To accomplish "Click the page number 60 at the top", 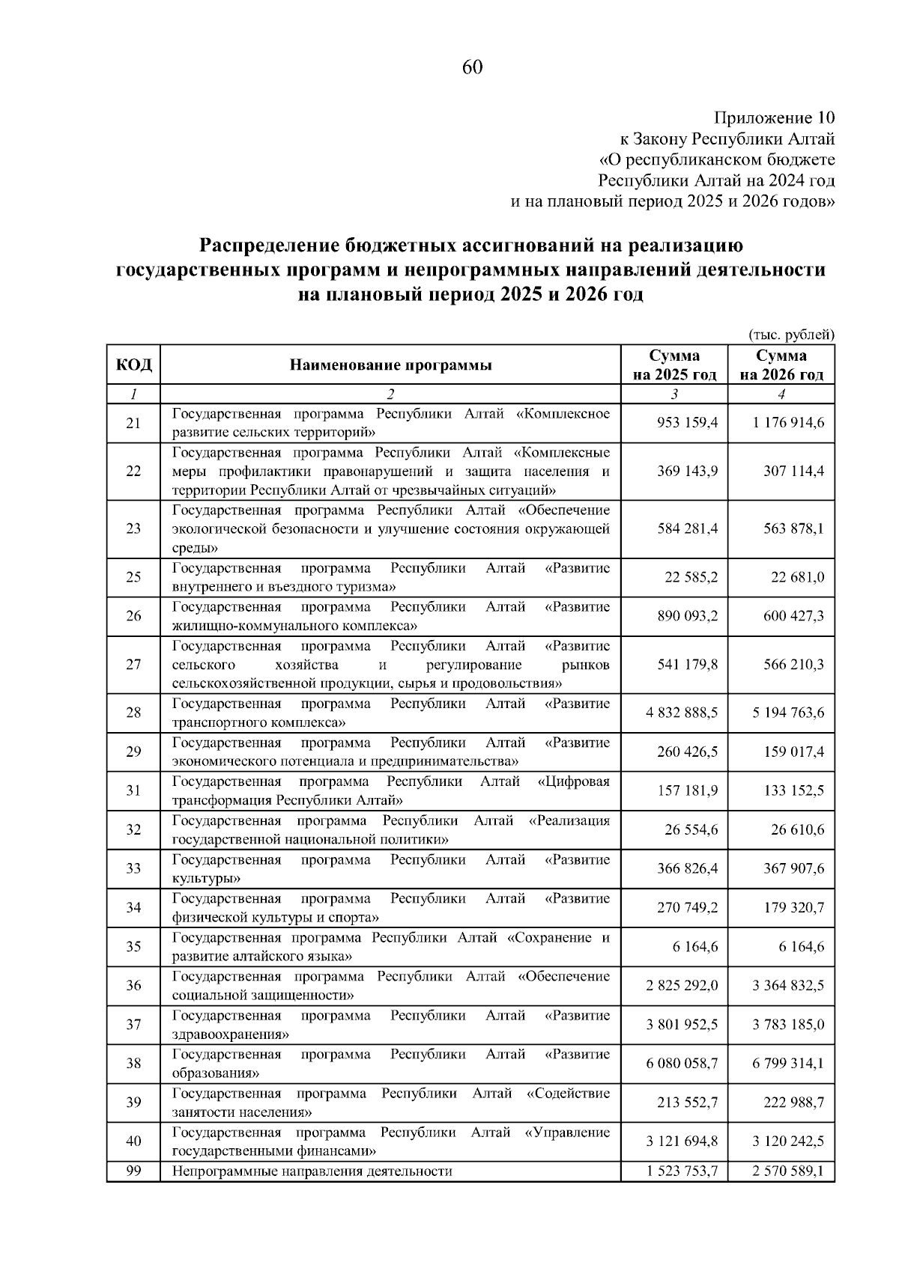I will click(473, 68).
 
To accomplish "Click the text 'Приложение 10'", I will click(774, 118).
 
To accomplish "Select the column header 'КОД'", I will click(133, 365).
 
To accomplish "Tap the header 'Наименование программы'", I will click(391, 365).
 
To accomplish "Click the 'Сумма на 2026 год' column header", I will click(781, 365).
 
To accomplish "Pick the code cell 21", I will click(133, 424).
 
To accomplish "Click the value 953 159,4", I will click(687, 423).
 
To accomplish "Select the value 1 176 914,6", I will click(788, 423).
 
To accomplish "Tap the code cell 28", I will click(133, 713).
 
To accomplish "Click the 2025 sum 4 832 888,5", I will click(681, 713).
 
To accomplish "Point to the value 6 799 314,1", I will click(788, 1063).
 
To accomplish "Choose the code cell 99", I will click(133, 1171).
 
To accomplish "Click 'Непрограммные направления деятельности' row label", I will click(312, 1171).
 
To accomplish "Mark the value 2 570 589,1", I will click(788, 1171).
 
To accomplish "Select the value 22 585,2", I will click(691, 577).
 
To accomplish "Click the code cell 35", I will click(133, 947).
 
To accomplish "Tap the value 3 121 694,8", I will click(681, 1141).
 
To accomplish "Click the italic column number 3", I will click(674, 394).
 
